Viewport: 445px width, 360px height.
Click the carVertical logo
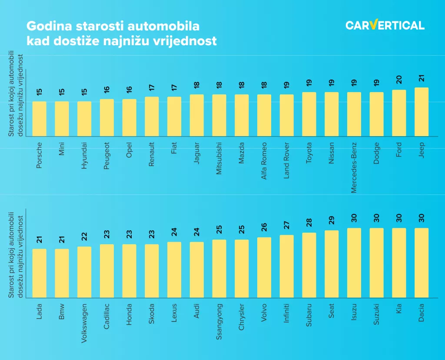point(385,25)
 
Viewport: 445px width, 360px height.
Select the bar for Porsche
point(40,119)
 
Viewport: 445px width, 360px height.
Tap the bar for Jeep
point(421,112)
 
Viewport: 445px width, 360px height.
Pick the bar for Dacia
point(421,263)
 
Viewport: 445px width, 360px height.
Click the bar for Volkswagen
point(84,272)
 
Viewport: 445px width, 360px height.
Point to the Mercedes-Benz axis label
point(354,167)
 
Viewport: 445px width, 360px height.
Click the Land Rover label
point(286,160)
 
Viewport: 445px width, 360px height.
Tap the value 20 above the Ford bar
point(399,79)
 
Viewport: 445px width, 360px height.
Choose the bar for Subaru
point(309,265)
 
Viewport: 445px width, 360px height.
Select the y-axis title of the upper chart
point(15,93)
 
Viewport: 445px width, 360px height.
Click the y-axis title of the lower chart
point(15,255)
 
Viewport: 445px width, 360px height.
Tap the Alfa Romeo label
point(264,161)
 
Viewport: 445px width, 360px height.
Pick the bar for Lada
point(40,273)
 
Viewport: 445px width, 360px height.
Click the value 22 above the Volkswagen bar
point(84,236)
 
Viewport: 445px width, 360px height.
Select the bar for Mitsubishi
point(219,115)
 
